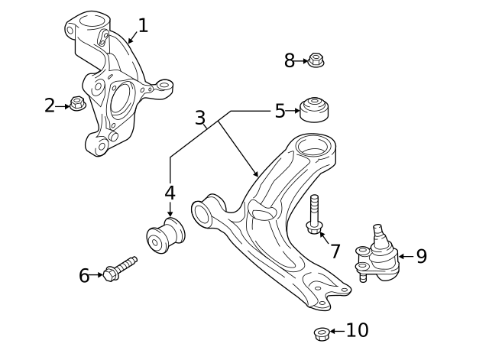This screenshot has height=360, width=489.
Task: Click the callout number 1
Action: [143, 26]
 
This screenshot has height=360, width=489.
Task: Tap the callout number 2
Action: [50, 105]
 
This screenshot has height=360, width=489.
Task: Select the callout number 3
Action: [200, 118]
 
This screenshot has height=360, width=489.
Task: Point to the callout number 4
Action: [170, 193]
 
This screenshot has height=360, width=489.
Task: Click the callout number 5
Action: [280, 112]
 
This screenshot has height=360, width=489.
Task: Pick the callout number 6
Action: [84, 275]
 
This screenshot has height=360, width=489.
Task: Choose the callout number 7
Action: [335, 251]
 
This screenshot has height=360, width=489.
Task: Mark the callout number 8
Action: [290, 60]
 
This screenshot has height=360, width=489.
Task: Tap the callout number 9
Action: [421, 256]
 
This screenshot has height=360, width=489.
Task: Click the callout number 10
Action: [357, 330]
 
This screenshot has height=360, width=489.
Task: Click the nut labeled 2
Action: [77, 102]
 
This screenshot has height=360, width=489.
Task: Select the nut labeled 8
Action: [316, 59]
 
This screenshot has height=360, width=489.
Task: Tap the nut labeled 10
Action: [322, 333]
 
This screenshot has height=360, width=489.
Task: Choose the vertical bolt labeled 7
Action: [315, 214]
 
